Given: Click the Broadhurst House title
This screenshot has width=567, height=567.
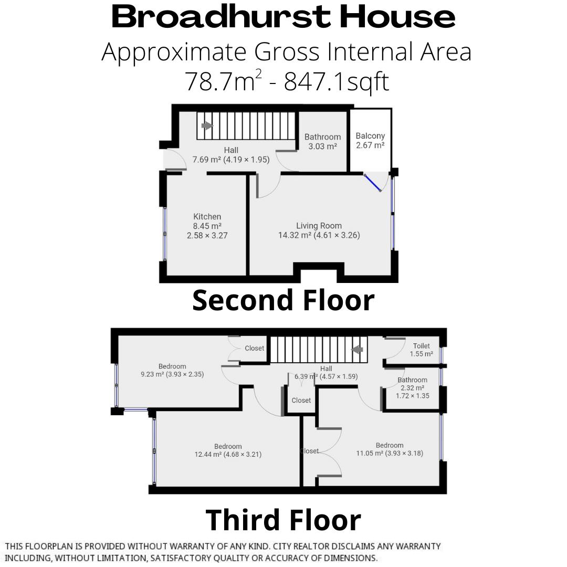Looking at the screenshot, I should tap(283, 17).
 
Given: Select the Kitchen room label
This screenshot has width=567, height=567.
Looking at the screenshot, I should tap(207, 226).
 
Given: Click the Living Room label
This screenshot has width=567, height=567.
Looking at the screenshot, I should tap(319, 230).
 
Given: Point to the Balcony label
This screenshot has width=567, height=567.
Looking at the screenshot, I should tap(370, 140).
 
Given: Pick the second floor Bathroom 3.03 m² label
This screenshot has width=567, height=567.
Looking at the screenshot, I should tap(322, 142).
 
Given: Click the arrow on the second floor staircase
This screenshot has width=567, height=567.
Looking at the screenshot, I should tap(207, 125).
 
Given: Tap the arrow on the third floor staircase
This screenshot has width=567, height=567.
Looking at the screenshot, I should tap(358, 349).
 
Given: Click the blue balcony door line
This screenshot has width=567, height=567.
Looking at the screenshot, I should tap(374, 183).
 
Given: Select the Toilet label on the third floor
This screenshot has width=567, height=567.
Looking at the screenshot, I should tap(422, 350).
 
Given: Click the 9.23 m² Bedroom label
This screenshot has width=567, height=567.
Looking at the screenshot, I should tap(172, 370).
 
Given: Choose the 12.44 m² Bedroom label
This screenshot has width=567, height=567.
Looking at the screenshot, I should tap(228, 450).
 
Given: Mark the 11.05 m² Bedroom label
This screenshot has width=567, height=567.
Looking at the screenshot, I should tap(390, 449).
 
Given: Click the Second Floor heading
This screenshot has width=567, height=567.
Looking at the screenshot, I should tap(283, 300).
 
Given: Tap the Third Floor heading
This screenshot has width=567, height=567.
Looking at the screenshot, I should tap(283, 519).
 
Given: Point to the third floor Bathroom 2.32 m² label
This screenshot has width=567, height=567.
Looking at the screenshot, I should tap(412, 387).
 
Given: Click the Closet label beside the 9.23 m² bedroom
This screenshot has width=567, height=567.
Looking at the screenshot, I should tap(255, 348).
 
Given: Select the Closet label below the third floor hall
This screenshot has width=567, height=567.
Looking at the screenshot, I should tap(301, 400).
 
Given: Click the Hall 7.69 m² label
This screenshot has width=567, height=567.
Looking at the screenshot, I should tap(231, 155).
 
